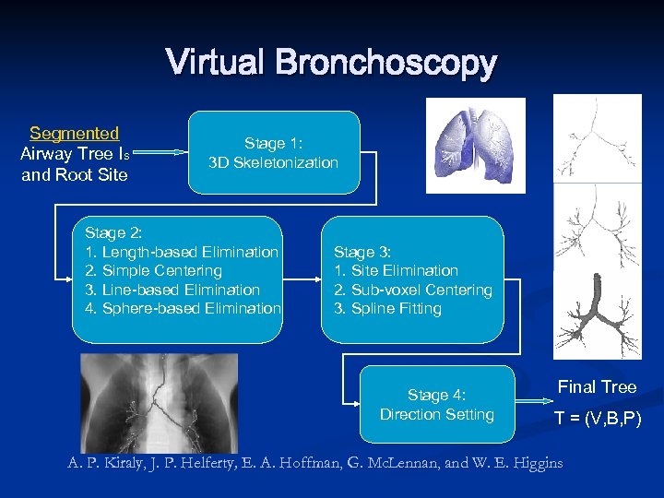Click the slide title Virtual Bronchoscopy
(331, 64)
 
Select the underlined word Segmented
(74, 134)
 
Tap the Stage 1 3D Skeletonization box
(273, 153)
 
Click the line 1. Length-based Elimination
(181, 252)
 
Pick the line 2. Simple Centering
(153, 271)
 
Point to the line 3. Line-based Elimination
(172, 290)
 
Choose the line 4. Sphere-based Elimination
(183, 308)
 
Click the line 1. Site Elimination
(396, 270)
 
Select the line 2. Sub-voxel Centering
(412, 290)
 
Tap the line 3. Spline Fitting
(387, 308)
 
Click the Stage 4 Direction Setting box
(436, 405)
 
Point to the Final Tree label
(597, 387)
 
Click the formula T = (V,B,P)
(597, 420)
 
